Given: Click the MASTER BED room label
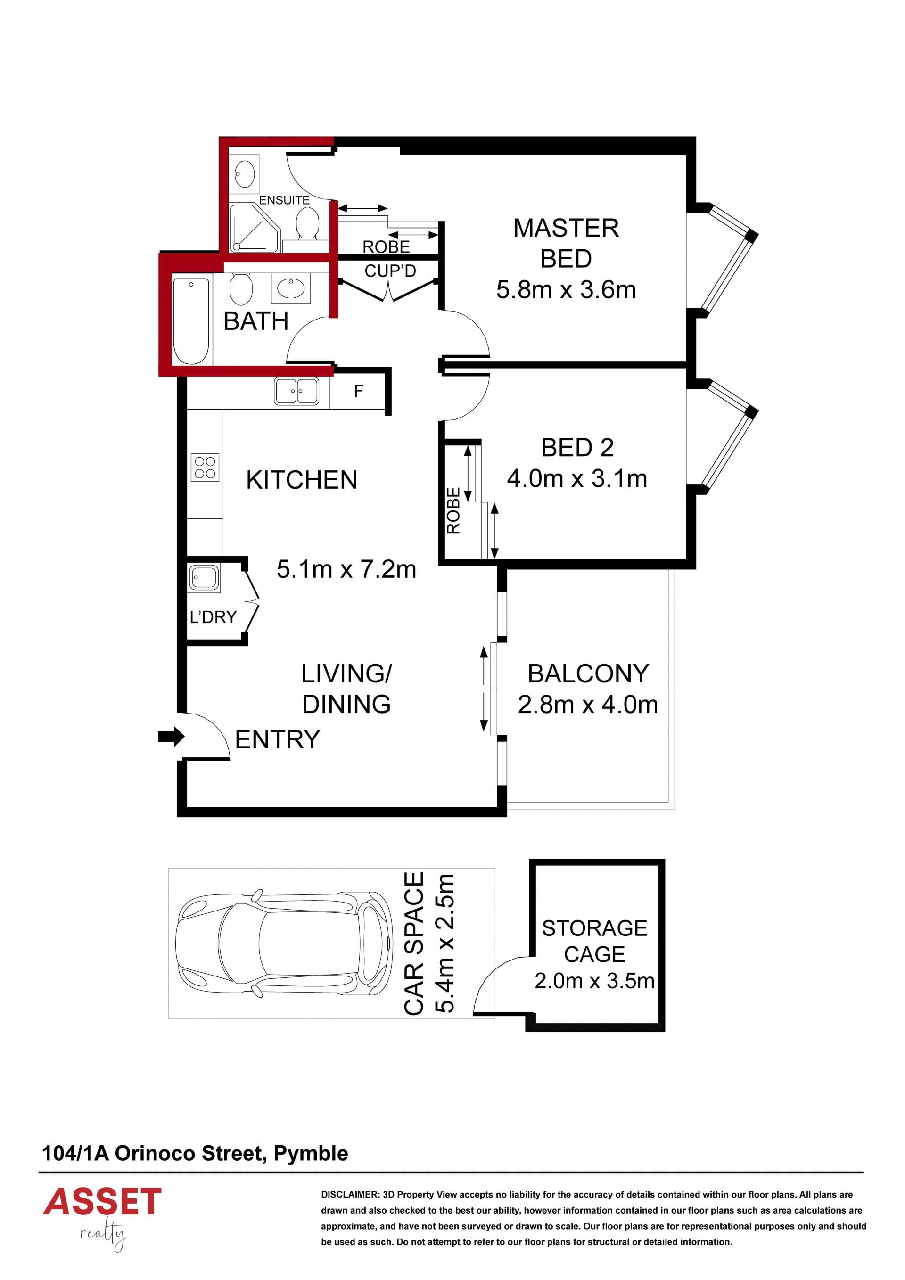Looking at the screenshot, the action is click(x=566, y=243).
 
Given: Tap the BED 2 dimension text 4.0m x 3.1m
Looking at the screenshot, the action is click(x=577, y=478).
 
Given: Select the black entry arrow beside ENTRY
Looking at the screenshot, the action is click(x=171, y=737).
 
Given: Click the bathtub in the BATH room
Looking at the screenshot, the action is click(x=191, y=320).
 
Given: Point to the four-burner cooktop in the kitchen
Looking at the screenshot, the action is click(x=205, y=467).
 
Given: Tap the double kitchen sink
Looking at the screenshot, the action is click(x=296, y=391).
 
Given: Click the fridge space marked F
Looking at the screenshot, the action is click(x=358, y=391).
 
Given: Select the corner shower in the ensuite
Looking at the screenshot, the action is click(x=254, y=228).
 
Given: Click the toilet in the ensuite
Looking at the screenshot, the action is click(x=307, y=223).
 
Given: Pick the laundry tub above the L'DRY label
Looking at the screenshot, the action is click(x=204, y=577).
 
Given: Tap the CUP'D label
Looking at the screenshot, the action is click(x=390, y=271).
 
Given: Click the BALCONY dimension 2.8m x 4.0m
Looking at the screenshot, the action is click(x=588, y=705).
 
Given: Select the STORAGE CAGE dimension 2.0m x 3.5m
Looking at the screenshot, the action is click(x=594, y=981).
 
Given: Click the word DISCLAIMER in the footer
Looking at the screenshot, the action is click(x=350, y=1195).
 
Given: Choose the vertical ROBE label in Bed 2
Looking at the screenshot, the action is click(x=453, y=511).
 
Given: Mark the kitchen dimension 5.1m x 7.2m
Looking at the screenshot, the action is click(x=346, y=569).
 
